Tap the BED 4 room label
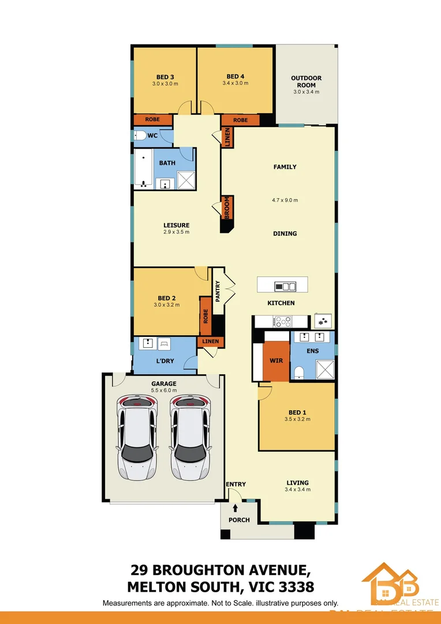pos(236,76)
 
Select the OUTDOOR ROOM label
pos(306,81)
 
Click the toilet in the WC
pos(140,136)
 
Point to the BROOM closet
pos(227,207)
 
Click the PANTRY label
pos(218,291)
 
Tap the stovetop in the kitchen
pos(283,321)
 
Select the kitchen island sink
pos(285,286)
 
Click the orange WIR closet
pos(276,361)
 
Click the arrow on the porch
pos(236,508)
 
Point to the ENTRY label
pos(236,484)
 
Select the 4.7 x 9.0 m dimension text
pos(285,200)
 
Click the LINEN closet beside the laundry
pos(210,341)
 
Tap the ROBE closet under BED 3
pos(152,120)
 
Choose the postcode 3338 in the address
pos(295,587)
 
